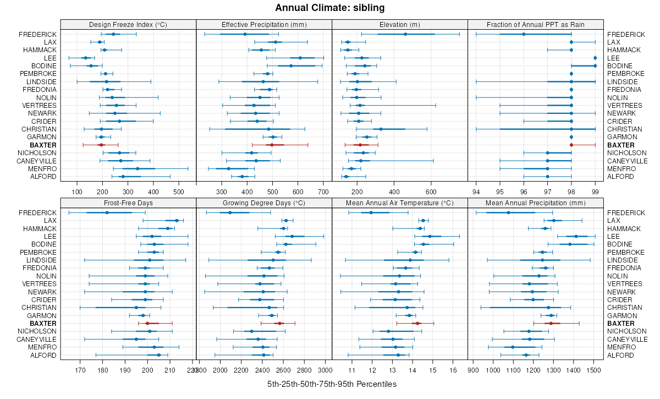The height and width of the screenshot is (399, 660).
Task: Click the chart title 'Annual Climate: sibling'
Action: (330, 8)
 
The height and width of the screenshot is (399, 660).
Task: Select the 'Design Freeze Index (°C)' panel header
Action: (128, 24)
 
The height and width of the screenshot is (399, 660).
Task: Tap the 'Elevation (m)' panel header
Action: (400, 24)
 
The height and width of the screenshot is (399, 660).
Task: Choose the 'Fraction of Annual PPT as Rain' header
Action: (536, 24)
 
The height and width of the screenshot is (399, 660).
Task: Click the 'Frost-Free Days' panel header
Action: (128, 203)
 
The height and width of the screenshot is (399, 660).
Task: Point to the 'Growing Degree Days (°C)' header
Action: (264, 203)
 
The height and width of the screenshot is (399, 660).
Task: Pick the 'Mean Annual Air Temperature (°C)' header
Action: (400, 203)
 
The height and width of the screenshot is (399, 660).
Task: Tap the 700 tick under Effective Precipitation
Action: (323, 192)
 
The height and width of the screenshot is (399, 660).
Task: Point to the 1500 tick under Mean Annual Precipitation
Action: (593, 370)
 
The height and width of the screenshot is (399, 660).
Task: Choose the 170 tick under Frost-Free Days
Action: (80, 370)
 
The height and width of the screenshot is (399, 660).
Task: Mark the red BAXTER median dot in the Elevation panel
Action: (360, 145)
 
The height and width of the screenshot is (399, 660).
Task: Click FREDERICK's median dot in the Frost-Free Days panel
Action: (107, 212)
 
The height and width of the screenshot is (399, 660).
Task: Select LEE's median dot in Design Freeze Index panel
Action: (85, 58)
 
